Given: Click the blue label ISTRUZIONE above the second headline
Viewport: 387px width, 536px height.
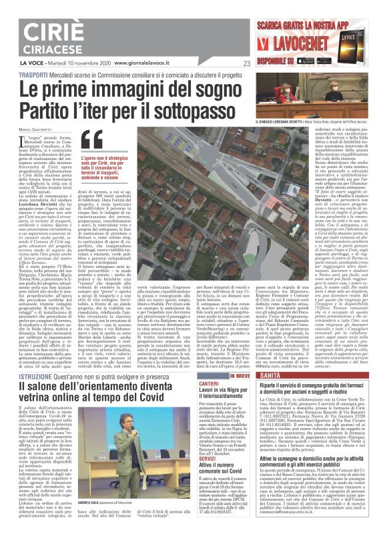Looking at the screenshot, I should pos(21,377).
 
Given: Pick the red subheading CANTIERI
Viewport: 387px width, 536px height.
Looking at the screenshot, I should pos(219,385).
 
